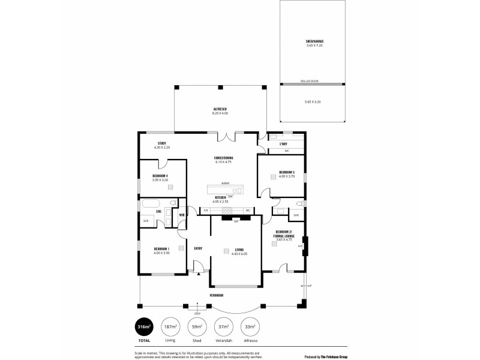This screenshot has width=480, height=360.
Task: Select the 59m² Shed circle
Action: pos(196,326)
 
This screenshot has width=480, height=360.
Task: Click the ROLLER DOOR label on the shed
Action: pos(310,80)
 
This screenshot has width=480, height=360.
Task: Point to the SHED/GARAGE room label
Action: pos(314,41)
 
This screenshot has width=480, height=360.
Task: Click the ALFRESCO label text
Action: pos(220,109)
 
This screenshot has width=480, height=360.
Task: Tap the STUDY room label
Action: pos(145,143)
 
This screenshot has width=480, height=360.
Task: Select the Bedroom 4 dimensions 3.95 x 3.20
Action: pos(160,179)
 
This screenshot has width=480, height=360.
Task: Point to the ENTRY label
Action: pos(198,248)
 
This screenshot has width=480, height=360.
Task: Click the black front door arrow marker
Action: pos(197,274)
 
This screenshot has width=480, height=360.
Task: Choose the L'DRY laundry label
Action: pos(283,144)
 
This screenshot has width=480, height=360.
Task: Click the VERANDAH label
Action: pos(217,295)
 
